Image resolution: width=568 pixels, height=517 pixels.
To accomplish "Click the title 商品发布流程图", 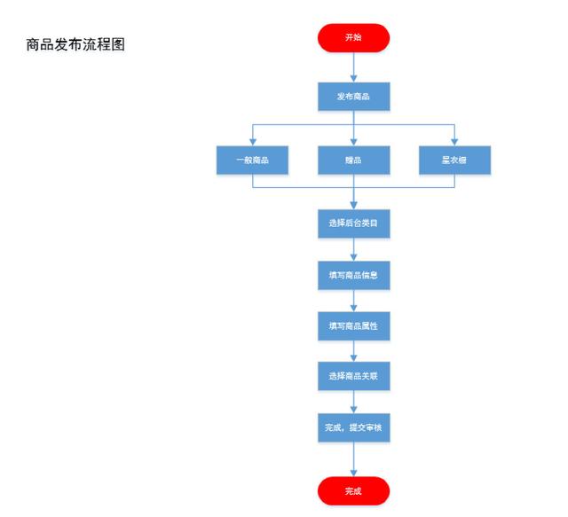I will click(75, 45).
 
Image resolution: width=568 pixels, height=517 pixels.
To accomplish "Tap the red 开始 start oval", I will click(353, 37).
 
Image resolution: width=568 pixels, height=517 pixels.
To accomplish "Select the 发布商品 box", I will click(353, 97).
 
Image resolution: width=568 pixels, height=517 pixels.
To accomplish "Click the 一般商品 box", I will click(252, 160).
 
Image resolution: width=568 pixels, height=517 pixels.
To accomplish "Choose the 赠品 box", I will click(353, 160).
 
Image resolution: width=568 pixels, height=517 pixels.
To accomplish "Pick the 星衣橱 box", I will click(454, 160).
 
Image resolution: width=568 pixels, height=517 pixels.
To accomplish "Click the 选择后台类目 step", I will click(353, 223).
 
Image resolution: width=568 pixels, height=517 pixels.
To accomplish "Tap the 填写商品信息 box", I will click(353, 275).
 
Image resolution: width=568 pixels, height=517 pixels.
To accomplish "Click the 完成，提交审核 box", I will click(353, 428).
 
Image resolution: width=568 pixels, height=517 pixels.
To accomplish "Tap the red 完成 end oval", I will click(353, 490).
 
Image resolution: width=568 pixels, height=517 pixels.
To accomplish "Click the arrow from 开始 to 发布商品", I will click(353, 67).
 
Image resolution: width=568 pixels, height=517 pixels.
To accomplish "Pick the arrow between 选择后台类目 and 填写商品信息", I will click(353, 249).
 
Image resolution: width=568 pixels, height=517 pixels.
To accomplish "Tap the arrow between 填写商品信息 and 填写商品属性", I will click(353, 301).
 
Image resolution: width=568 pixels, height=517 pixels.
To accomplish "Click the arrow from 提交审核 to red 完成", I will click(353, 459).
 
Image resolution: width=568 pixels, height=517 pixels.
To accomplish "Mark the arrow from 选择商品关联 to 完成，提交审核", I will click(353, 403).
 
